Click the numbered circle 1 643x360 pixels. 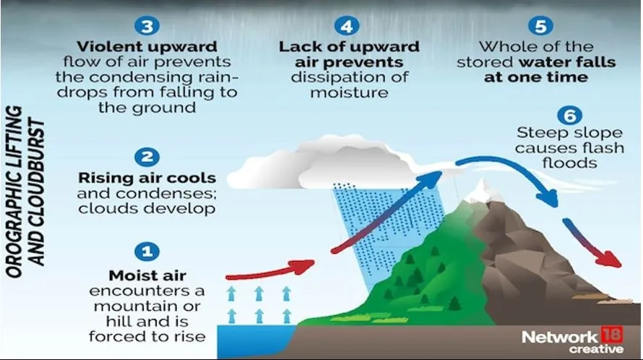pyautogui.click(x=147, y=252)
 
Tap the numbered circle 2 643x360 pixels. pyautogui.click(x=147, y=157)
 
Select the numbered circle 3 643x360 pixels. pyautogui.click(x=147, y=26)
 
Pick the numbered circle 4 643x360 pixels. pyautogui.click(x=347, y=26)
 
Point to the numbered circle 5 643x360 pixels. pyautogui.click(x=540, y=26)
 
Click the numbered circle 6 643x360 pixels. pyautogui.click(x=570, y=116)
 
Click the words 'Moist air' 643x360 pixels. pyautogui.click(x=147, y=275)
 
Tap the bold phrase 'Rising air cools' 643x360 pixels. pyautogui.click(x=147, y=178)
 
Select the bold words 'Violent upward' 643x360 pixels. pyautogui.click(x=147, y=46)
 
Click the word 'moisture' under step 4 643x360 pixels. pyautogui.click(x=349, y=93)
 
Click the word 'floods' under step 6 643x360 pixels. pyautogui.click(x=569, y=163)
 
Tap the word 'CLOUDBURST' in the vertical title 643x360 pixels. pyautogui.click(x=37, y=192)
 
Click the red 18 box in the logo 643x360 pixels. pyautogui.click(x=612, y=335)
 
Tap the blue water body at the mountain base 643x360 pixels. pyautogui.click(x=255, y=341)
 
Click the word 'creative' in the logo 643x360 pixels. pyautogui.click(x=596, y=349)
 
